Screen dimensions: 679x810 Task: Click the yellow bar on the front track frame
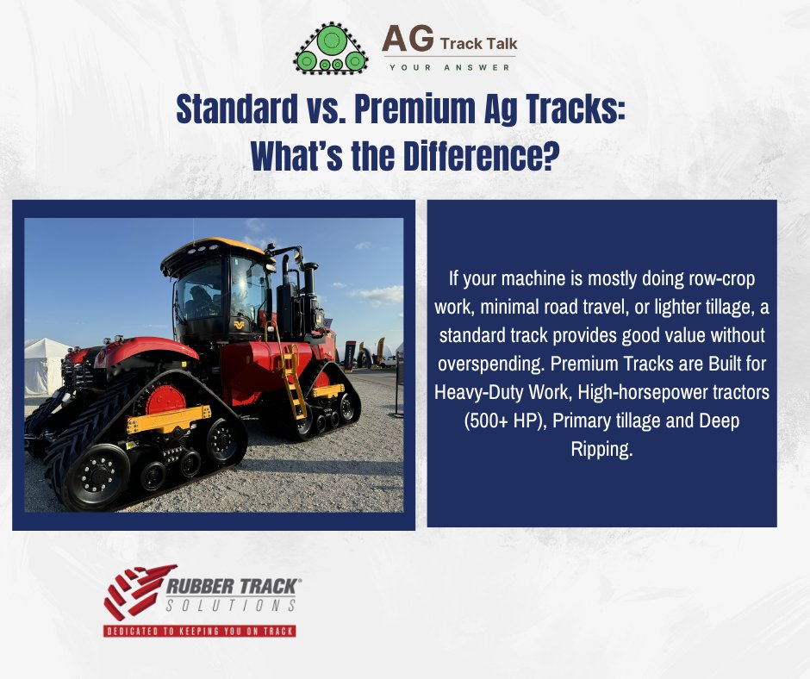(168, 422)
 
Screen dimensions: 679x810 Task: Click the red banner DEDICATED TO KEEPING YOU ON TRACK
(200, 630)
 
